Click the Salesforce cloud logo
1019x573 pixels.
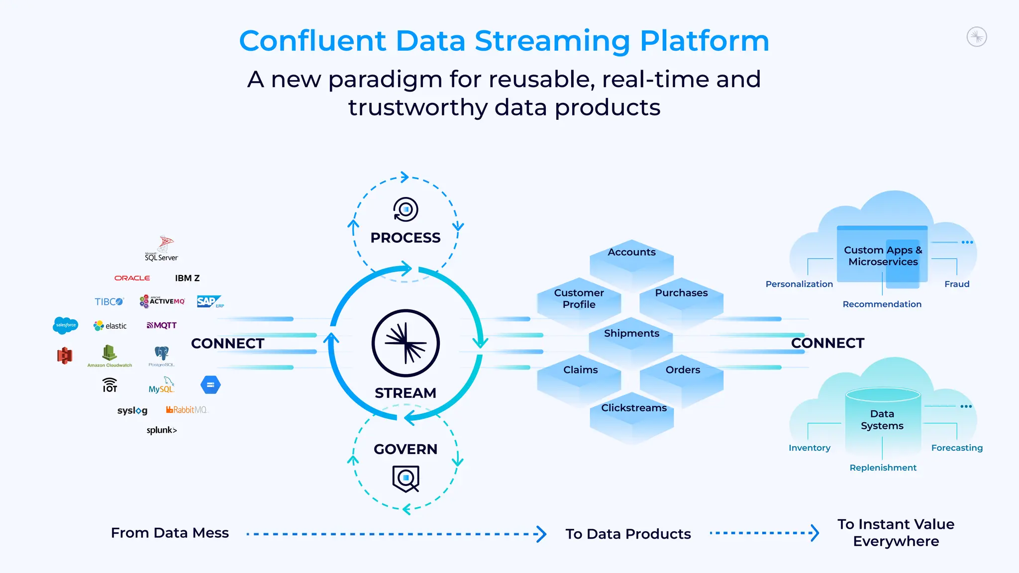(x=65, y=325)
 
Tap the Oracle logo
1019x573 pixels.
(x=132, y=278)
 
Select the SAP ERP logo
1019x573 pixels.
(x=209, y=301)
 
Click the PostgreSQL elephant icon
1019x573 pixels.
(x=162, y=354)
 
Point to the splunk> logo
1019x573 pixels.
(x=162, y=430)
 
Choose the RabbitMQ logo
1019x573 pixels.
(x=187, y=410)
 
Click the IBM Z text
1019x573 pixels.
(x=187, y=278)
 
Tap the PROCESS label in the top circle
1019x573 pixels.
(x=406, y=238)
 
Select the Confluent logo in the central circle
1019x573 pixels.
(x=406, y=343)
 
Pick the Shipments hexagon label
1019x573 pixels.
(x=631, y=333)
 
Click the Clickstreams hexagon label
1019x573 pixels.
(x=634, y=408)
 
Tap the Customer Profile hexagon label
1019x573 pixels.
(x=579, y=298)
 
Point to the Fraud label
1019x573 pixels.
(x=957, y=284)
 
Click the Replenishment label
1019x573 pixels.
(x=883, y=468)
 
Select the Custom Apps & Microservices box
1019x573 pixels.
(x=883, y=256)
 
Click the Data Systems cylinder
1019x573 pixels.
(x=882, y=420)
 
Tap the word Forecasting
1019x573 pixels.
(x=957, y=448)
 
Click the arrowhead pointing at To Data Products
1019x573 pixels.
(x=541, y=534)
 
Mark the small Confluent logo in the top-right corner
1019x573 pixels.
(x=977, y=37)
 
